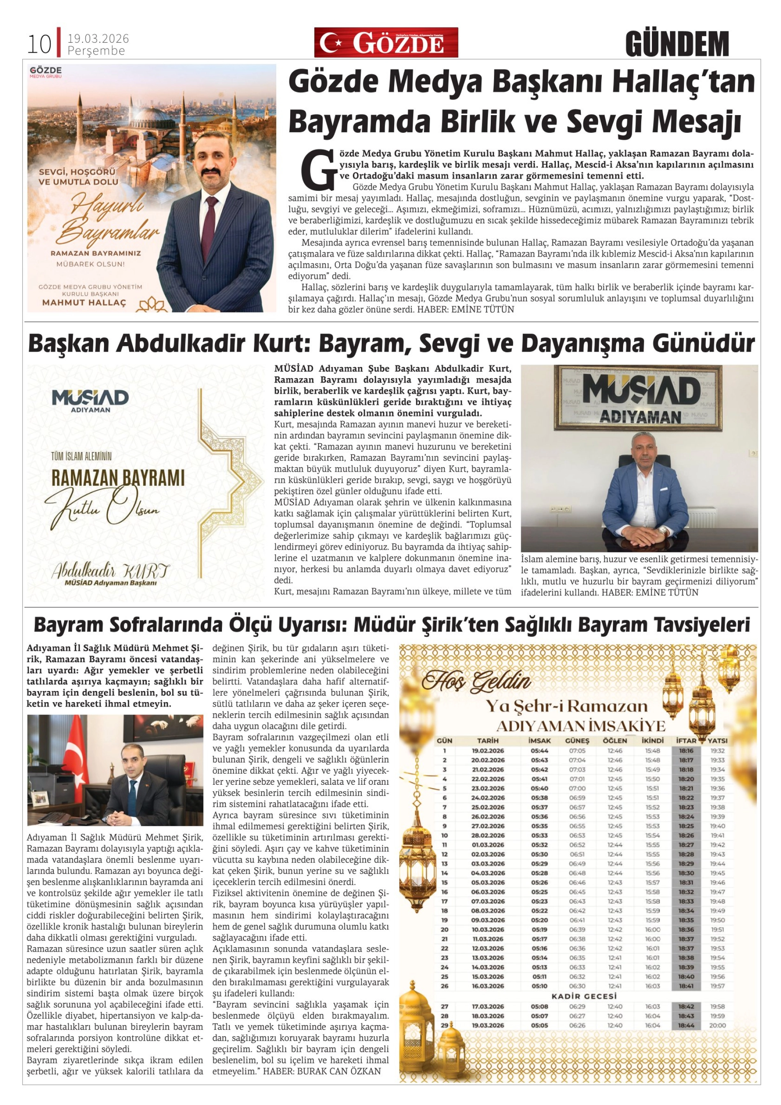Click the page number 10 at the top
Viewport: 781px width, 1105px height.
click(x=39, y=45)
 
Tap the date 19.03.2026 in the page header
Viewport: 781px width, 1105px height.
click(x=98, y=39)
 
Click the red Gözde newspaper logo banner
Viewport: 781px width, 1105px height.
click(x=386, y=43)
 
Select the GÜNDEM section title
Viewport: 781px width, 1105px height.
click(x=677, y=44)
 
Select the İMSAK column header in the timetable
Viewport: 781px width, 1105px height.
click(x=539, y=741)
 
